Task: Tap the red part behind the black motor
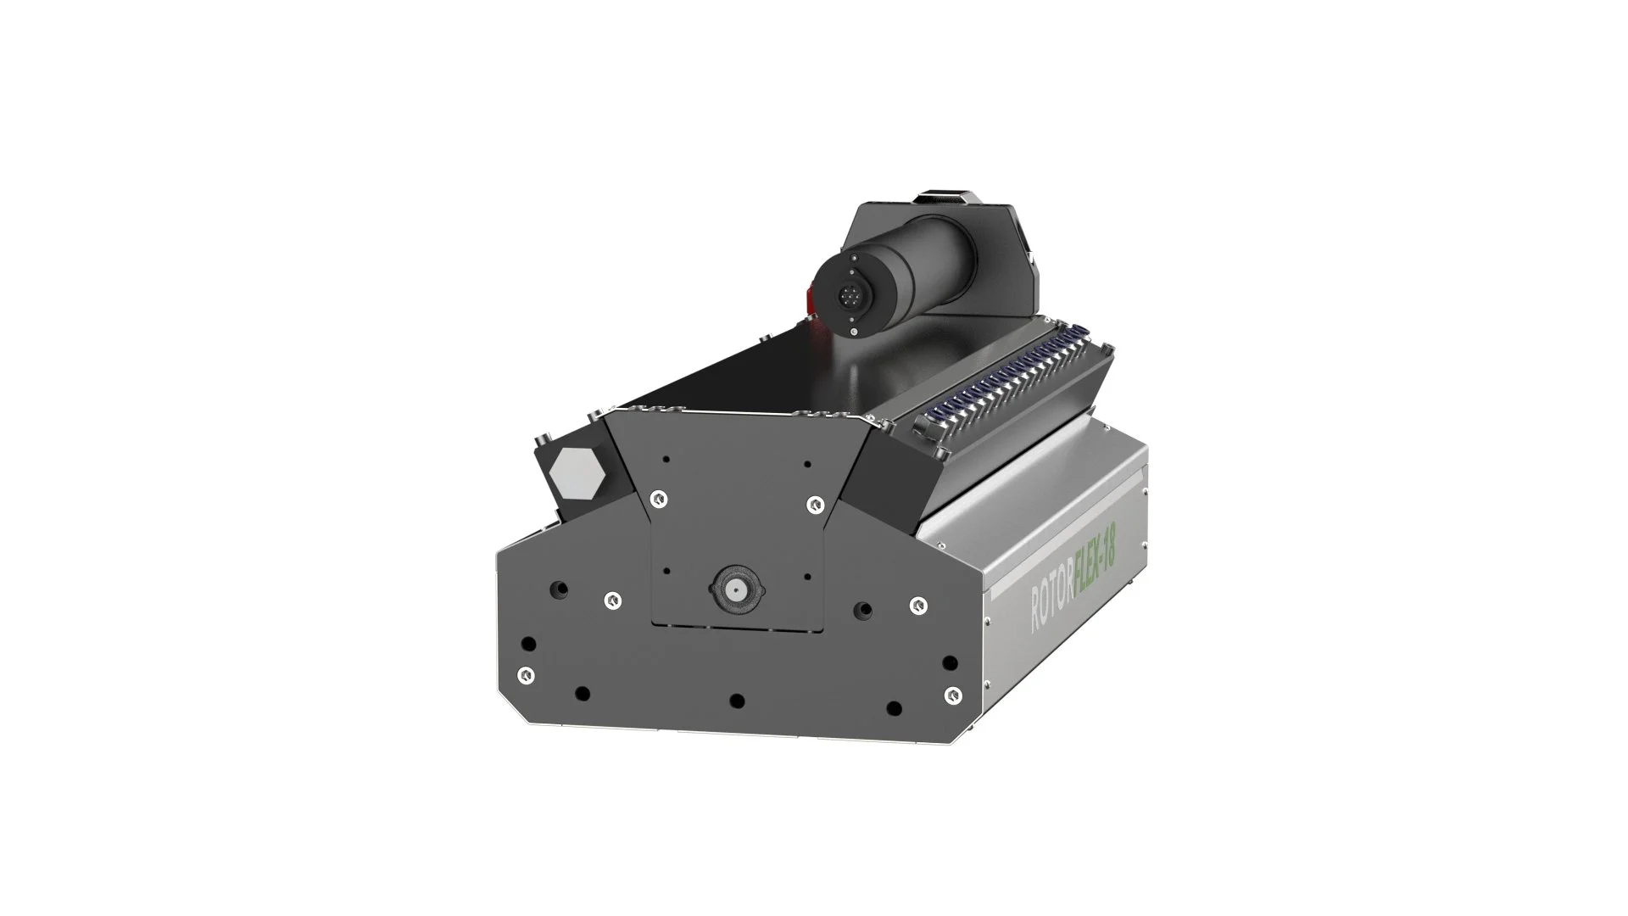(x=809, y=299)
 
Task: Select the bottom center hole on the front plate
(x=737, y=701)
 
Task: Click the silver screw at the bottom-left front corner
(x=526, y=674)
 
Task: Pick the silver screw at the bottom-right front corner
(x=953, y=695)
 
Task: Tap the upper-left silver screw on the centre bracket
(x=656, y=500)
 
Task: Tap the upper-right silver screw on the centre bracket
(x=815, y=504)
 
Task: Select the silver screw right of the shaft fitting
(x=917, y=605)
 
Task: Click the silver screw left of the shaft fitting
(x=610, y=600)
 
